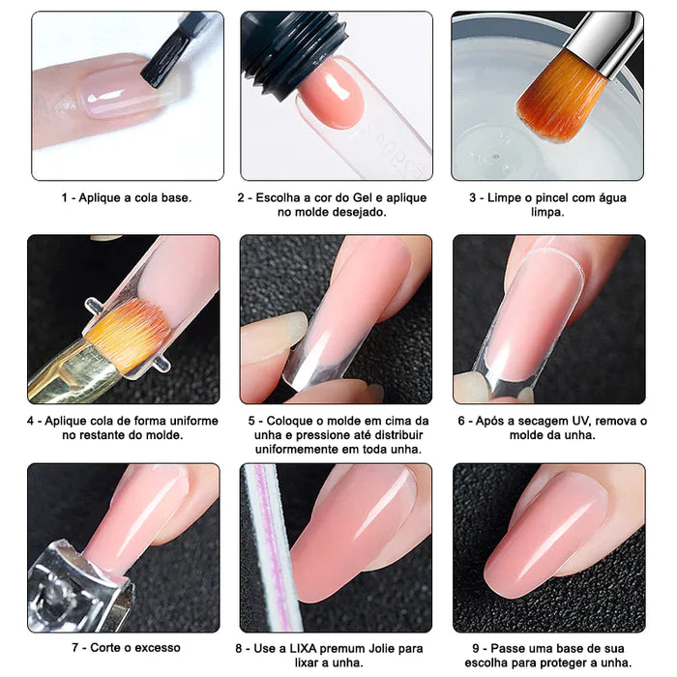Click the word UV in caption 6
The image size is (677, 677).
tap(583, 421)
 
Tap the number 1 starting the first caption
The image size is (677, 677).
tap(66, 197)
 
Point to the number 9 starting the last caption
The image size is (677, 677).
tap(477, 648)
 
